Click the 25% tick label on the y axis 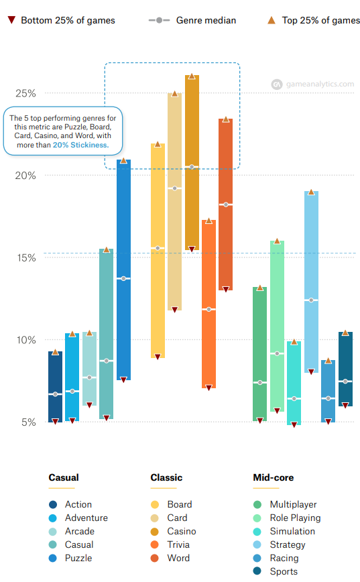[25, 93]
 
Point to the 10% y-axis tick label [25, 340]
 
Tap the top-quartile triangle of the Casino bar [192, 76]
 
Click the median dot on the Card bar [174, 188]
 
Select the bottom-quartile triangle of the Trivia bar [208, 388]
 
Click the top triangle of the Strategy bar [311, 192]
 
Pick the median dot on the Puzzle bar [123, 278]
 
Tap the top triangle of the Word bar [226, 119]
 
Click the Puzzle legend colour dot [53, 558]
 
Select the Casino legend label [181, 531]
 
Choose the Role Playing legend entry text [295, 518]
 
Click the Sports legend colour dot [257, 571]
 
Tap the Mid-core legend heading [273, 478]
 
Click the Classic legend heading [166, 478]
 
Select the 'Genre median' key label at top [206, 20]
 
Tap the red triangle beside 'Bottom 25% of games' [11, 20]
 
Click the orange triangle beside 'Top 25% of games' [272, 20]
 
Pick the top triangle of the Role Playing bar [277, 240]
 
